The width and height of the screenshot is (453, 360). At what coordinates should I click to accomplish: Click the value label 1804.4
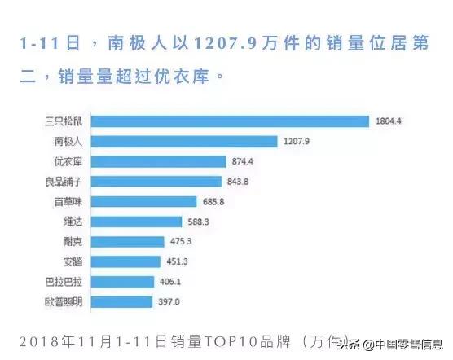[389, 122]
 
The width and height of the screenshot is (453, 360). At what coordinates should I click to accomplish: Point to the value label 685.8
[213, 201]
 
